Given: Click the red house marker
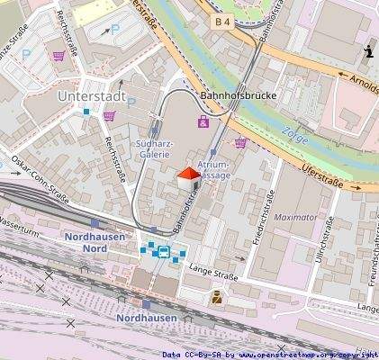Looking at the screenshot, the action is [186, 177].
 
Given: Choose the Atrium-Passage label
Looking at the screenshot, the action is [213, 171].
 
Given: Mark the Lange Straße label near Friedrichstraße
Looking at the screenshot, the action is [212, 268].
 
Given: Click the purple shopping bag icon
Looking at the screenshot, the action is [203, 121].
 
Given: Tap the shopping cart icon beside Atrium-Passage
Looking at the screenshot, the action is [240, 141].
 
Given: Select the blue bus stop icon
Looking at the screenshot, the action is [163, 251].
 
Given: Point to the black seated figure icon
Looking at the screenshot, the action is [369, 52].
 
